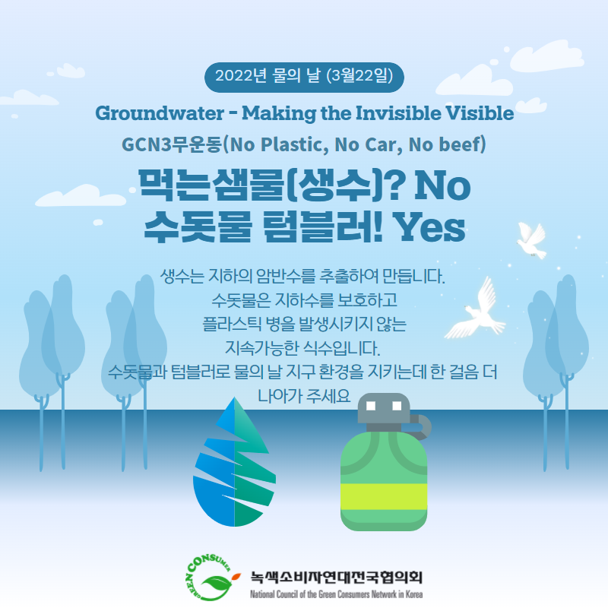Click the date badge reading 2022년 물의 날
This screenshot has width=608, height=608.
click(304, 77)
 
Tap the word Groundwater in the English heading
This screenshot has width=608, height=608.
click(160, 113)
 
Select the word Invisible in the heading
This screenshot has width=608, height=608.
click(398, 113)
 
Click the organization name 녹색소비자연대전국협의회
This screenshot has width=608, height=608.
click(336, 577)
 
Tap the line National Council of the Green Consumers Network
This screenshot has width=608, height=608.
click(336, 594)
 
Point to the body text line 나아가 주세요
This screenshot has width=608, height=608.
click(304, 396)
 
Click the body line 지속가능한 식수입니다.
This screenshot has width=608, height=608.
click(302, 348)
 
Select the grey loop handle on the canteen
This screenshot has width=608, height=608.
click(423, 426)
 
